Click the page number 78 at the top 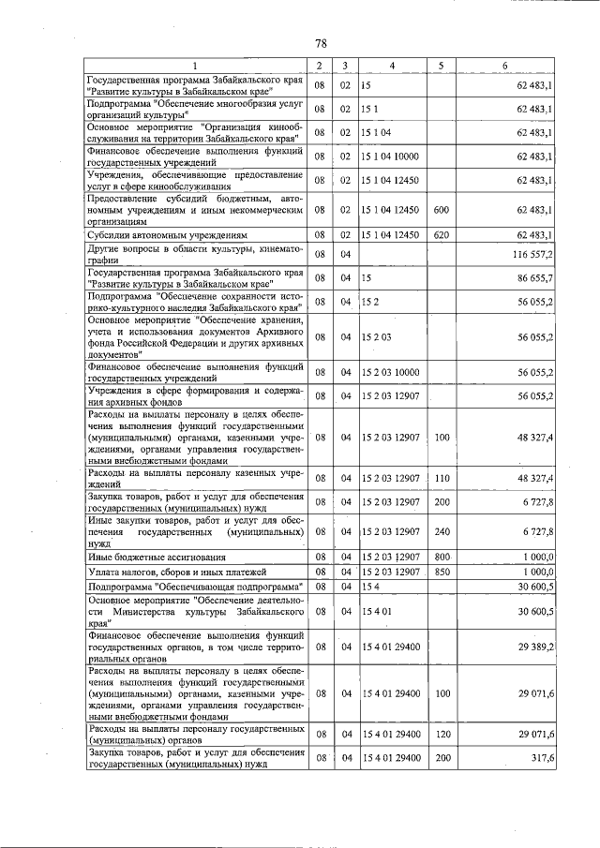tap(320, 44)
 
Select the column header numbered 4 tap(392, 65)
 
